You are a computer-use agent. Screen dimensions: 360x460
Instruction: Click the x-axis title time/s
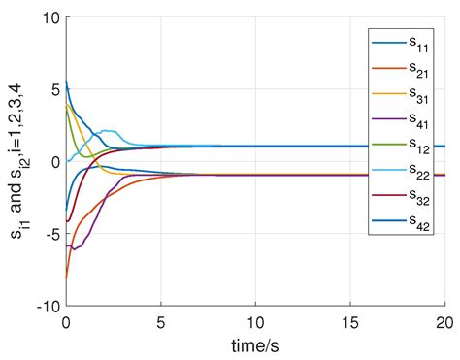(255, 346)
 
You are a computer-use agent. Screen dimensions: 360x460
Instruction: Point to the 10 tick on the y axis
(49, 18)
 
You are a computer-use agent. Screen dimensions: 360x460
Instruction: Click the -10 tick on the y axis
(47, 305)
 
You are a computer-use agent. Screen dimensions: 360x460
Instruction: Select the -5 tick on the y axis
(50, 233)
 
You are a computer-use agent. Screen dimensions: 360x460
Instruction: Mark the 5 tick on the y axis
(54, 89)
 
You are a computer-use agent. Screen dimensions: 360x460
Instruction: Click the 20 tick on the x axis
(445, 321)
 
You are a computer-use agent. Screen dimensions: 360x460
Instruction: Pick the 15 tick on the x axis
(351, 321)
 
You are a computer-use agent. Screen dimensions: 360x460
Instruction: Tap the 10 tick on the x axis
(256, 321)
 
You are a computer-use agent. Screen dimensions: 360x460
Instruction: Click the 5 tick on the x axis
(161, 321)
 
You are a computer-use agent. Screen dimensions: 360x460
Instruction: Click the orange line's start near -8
(66, 277)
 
